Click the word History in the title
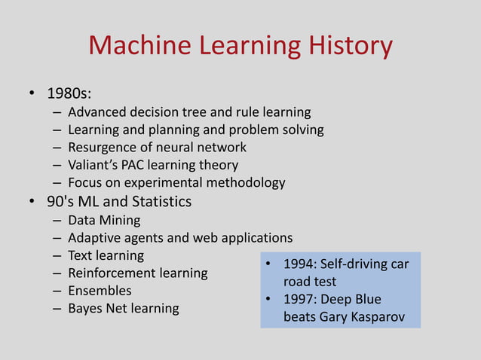350,47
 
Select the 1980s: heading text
69,95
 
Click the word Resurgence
103,148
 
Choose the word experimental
167,183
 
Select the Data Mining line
104,220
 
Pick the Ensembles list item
100,291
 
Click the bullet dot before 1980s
32,95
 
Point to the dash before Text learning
57,255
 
